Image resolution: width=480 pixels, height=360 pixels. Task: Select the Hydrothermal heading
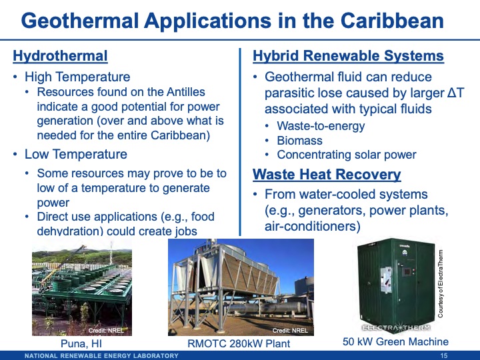(60, 55)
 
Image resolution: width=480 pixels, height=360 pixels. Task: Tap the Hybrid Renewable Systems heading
(348, 55)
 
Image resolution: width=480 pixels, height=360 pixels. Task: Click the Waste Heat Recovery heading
(327, 175)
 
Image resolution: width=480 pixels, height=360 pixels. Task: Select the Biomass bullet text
(299, 140)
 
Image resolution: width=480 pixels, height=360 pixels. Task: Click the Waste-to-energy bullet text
(321, 125)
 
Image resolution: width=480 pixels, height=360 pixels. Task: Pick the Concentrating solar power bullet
(346, 155)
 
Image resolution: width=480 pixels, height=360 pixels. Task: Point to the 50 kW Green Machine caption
(395, 341)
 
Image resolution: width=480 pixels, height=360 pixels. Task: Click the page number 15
(445, 355)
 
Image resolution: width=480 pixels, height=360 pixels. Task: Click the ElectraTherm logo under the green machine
(395, 327)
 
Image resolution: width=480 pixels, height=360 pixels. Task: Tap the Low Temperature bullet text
(75, 154)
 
